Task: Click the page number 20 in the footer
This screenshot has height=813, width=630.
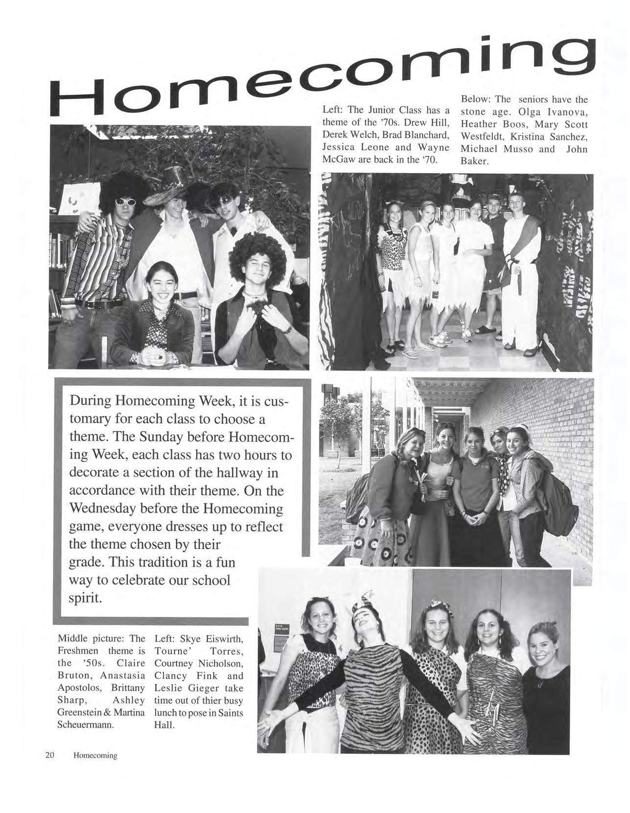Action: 49,755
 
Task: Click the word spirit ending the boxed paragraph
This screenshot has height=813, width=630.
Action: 85,598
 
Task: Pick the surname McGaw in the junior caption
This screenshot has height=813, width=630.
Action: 337,160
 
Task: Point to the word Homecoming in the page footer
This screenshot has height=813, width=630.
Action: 95,756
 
